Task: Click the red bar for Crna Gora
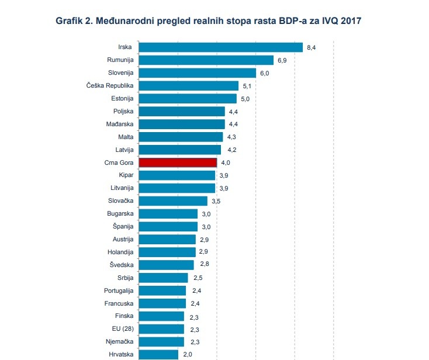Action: pos(178,162)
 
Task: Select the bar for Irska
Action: pos(220,47)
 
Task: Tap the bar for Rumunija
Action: pos(206,60)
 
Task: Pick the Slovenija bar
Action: pos(197,72)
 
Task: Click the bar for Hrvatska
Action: pos(158,354)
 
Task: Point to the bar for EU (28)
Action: pos(161,328)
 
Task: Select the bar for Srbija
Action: pos(163,278)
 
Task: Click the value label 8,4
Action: pos(311,47)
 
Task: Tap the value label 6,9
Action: pos(282,60)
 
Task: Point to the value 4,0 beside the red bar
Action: pos(225,162)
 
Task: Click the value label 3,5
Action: pos(216,201)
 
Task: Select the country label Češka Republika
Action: pos(110,85)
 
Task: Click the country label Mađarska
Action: pos(119,124)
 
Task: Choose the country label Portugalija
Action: pos(117,290)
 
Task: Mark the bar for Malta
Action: pos(181,137)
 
